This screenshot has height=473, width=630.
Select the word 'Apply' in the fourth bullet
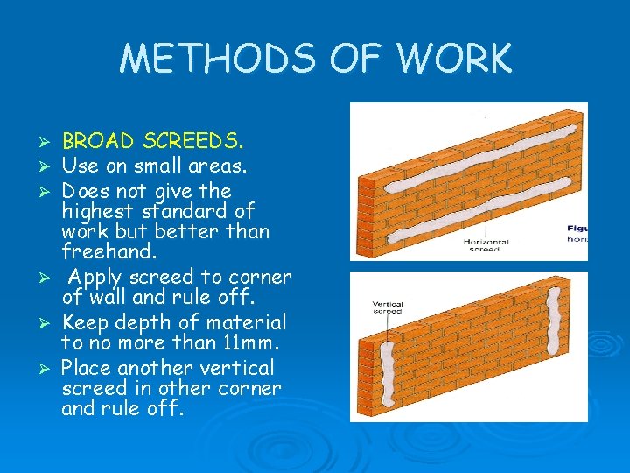point(100,278)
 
